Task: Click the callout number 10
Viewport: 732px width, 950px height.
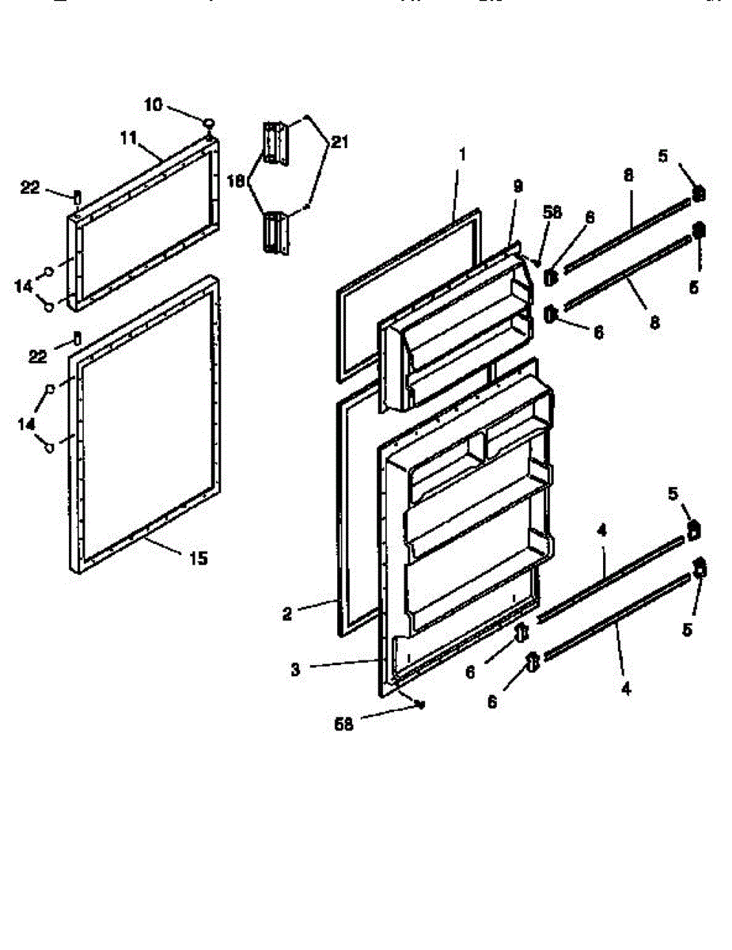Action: [154, 104]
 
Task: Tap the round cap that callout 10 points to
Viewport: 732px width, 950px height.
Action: [210, 123]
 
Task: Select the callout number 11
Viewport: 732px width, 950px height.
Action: [129, 137]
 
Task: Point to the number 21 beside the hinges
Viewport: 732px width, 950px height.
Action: [339, 142]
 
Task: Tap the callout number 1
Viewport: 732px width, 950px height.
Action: [462, 154]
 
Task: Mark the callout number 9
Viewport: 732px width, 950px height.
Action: [518, 187]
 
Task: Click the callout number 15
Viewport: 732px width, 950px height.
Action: [198, 559]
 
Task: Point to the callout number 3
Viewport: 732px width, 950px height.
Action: [295, 669]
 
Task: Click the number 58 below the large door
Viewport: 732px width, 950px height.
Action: [343, 724]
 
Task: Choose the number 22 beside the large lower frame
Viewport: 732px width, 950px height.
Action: [38, 356]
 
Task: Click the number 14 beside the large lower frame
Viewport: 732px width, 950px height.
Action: [28, 424]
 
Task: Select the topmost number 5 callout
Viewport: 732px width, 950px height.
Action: [662, 155]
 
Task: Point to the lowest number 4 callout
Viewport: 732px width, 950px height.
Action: [626, 689]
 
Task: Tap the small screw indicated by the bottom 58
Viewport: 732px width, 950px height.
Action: [420, 703]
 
